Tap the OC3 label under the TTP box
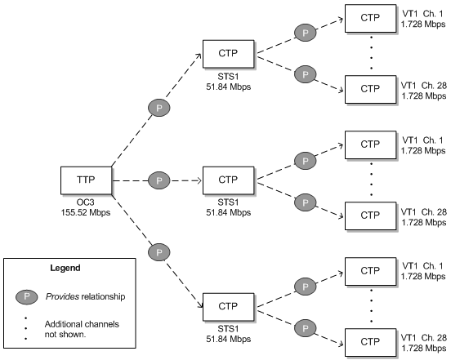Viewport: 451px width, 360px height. click(x=86, y=201)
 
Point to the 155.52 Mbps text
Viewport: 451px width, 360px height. click(x=86, y=211)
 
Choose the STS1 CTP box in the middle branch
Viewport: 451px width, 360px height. click(x=230, y=180)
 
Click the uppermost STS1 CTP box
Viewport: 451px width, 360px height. click(x=230, y=52)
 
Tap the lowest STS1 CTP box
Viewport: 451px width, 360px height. click(x=230, y=306)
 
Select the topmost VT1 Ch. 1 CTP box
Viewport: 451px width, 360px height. click(x=370, y=17)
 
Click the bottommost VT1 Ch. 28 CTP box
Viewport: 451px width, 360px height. click(x=370, y=341)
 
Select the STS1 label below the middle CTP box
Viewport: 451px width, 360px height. click(x=230, y=201)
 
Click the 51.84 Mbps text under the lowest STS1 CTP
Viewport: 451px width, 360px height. click(x=230, y=339)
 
